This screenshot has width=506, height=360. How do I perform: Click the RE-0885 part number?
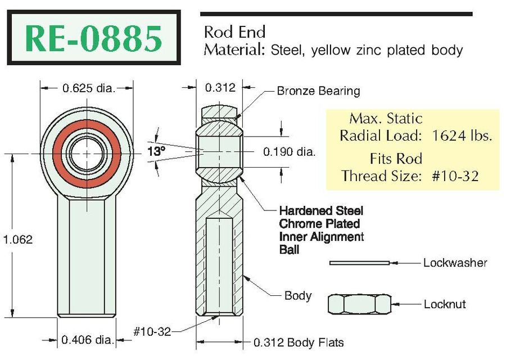point(93,38)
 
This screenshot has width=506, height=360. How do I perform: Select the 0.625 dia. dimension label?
point(89,88)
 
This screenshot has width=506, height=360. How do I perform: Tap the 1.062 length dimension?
point(18,239)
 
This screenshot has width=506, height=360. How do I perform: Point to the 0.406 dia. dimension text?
point(88,340)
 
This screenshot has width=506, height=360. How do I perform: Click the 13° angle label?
point(156,151)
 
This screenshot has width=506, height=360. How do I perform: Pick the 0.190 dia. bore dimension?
point(289,151)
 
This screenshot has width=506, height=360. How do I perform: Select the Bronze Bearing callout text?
point(319,91)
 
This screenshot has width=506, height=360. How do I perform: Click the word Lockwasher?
point(455,263)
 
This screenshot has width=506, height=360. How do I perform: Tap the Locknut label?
point(445,304)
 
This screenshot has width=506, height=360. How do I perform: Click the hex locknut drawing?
point(359,304)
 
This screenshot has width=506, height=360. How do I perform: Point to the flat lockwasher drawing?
point(359,263)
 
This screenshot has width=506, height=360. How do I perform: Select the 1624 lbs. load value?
point(462,136)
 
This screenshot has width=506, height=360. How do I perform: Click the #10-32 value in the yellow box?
point(455,176)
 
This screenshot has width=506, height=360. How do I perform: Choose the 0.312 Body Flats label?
point(299,343)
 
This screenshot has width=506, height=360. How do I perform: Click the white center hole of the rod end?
point(87,154)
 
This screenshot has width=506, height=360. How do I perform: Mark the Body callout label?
point(298,295)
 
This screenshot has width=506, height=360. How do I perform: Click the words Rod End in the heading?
point(234,32)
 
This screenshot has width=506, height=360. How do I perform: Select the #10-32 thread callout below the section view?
point(152,331)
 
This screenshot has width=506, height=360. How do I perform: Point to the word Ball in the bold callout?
point(289,250)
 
